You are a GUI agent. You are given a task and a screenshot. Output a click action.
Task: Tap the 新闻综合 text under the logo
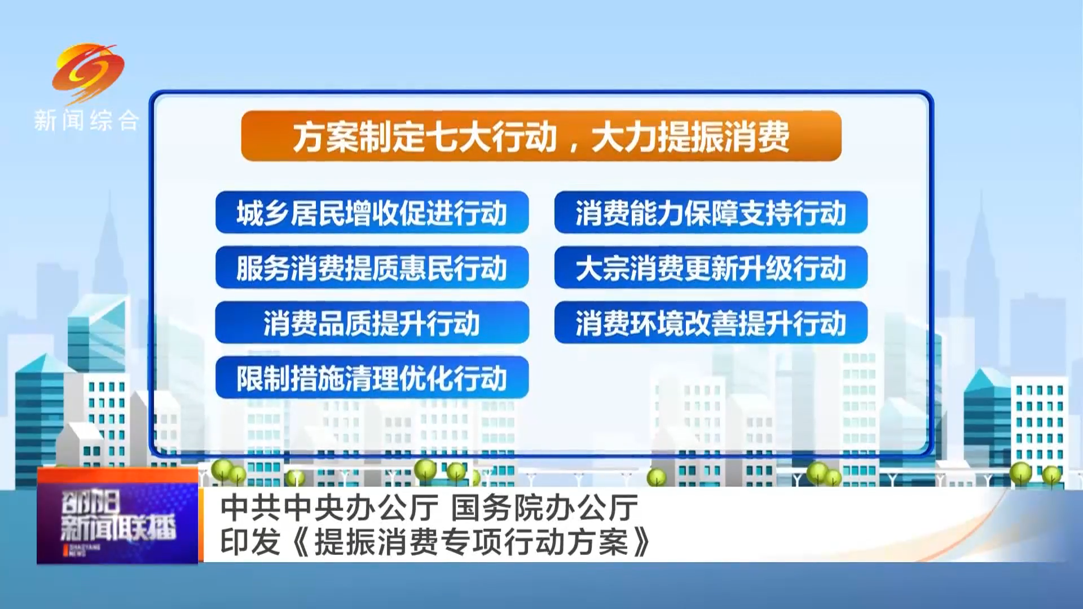point(86,121)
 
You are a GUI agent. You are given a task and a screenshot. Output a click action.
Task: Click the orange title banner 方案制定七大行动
point(541,136)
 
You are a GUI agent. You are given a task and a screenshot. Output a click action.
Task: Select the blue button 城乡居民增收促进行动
point(372,213)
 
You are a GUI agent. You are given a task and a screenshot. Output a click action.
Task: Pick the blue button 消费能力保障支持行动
point(711,213)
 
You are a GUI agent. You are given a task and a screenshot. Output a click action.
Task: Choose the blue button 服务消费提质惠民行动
point(372,267)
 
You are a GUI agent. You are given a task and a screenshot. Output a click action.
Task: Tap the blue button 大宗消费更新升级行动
point(711,267)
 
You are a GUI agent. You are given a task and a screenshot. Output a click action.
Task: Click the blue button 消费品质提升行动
point(372,323)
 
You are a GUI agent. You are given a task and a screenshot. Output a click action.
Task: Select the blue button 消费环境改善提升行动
point(711,323)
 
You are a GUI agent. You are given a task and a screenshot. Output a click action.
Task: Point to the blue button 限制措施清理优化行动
point(372,378)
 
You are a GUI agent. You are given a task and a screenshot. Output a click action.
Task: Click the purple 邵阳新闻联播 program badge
point(117,515)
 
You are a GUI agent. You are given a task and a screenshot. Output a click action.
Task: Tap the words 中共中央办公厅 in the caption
point(329,507)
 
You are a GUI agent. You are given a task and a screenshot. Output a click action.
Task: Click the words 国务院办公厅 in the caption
point(545,507)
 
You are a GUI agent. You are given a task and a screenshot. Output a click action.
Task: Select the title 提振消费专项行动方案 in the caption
point(471,542)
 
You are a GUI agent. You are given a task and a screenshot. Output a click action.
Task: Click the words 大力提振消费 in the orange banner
point(690,137)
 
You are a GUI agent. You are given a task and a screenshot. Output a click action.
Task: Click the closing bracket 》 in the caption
point(642,542)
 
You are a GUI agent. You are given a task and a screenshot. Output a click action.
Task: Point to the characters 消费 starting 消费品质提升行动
point(290,323)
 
